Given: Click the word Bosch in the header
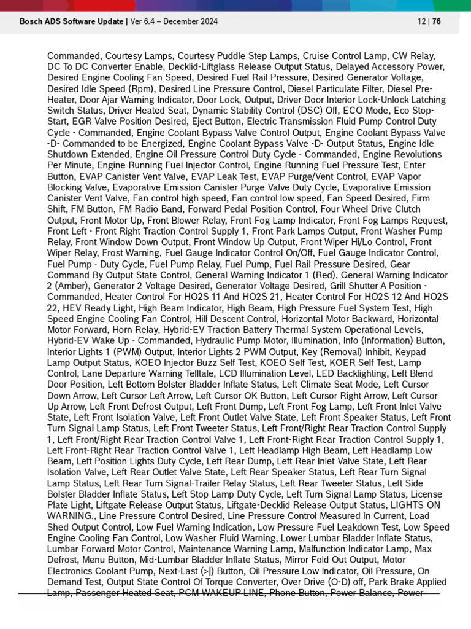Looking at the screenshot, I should [31, 21].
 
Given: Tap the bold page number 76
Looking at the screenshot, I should [436, 21].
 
